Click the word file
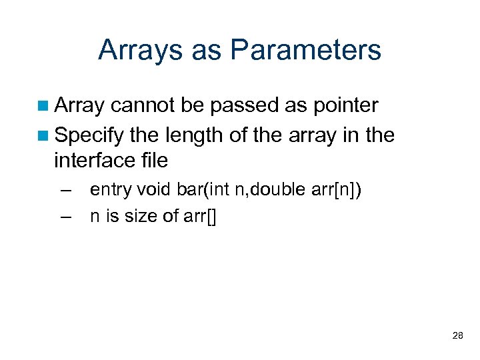click(155, 160)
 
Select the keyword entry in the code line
click(110, 190)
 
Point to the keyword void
click(154, 190)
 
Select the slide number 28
click(457, 335)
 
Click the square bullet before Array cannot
click(43, 106)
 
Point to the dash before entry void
click(65, 190)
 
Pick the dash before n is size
click(65, 217)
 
